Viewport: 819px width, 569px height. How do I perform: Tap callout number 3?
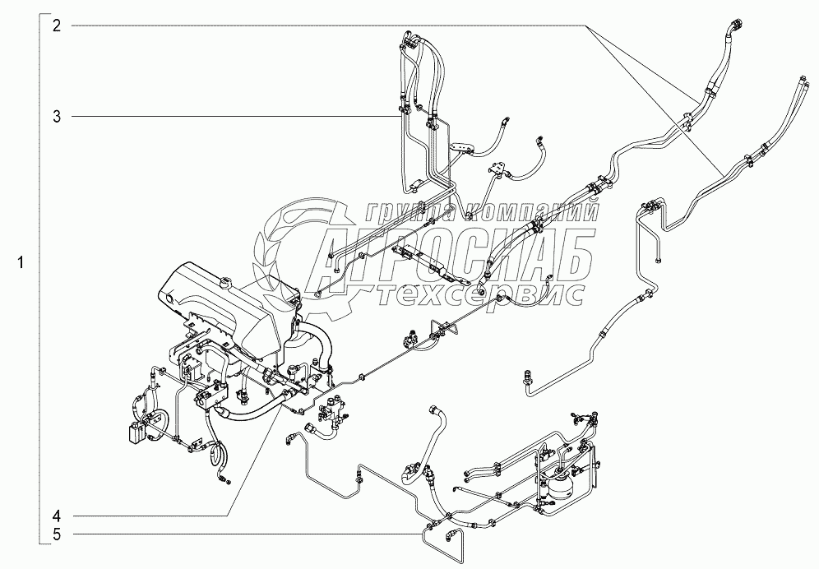pos(57,117)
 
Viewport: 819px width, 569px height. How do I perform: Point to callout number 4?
pos(57,516)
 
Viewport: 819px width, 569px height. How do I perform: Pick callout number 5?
pos(57,534)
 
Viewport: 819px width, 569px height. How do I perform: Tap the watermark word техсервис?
pos(481,294)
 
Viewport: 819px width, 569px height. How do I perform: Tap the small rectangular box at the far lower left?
pos(136,433)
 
